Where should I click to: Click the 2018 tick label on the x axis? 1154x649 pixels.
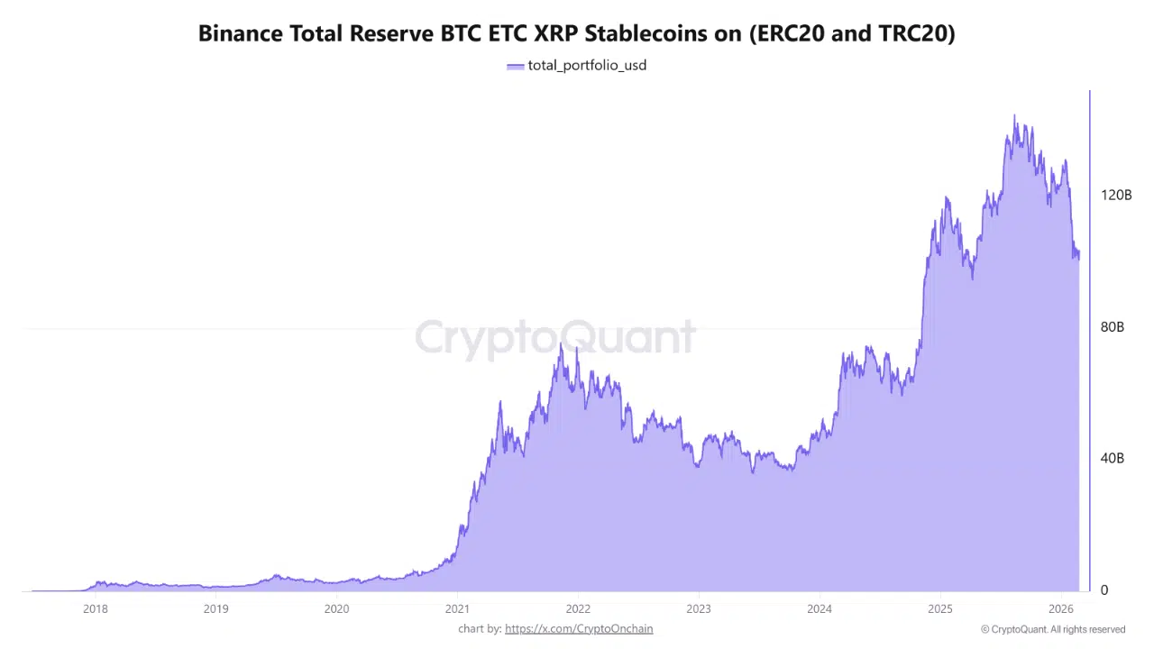pyautogui.click(x=96, y=608)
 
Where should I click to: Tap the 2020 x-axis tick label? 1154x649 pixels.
pyautogui.click(x=336, y=608)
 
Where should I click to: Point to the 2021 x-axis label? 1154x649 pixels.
pyautogui.click(x=457, y=608)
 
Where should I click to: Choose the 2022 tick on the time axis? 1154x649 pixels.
pyautogui.click(x=578, y=608)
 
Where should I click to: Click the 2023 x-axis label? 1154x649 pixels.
pyautogui.click(x=698, y=608)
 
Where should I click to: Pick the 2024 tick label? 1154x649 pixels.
pyautogui.click(x=819, y=608)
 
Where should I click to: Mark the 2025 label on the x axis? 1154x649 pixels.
pyautogui.click(x=939, y=608)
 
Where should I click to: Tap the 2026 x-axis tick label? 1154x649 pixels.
pyautogui.click(x=1060, y=608)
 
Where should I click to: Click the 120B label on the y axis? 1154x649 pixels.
pyautogui.click(x=1116, y=196)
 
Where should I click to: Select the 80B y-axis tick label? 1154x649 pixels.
pyautogui.click(x=1113, y=327)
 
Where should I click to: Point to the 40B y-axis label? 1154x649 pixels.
pyautogui.click(x=1113, y=459)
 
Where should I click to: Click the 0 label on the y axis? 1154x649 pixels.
pyautogui.click(x=1104, y=590)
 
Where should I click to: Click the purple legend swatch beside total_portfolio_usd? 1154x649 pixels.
pyautogui.click(x=515, y=66)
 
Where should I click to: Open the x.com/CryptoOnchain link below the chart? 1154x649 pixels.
pyautogui.click(x=579, y=629)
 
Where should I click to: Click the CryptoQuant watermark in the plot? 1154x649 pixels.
pyautogui.click(x=555, y=337)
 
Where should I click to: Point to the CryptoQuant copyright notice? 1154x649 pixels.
pyautogui.click(x=1053, y=629)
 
